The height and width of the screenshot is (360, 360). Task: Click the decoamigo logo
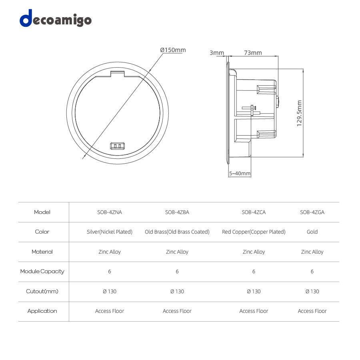[56, 18]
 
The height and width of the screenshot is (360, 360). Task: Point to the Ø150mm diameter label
[173, 50]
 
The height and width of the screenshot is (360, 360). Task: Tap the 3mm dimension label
[217, 52]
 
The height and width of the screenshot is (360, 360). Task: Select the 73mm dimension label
[253, 52]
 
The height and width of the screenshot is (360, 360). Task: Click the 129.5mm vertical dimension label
[299, 113]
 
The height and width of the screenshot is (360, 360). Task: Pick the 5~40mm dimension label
[240, 173]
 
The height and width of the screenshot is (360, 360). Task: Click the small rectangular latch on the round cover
[118, 146]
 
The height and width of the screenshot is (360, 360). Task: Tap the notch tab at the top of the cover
[117, 74]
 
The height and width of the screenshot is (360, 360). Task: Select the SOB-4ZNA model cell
[110, 212]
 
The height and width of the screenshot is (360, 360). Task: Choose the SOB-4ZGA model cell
[312, 212]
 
